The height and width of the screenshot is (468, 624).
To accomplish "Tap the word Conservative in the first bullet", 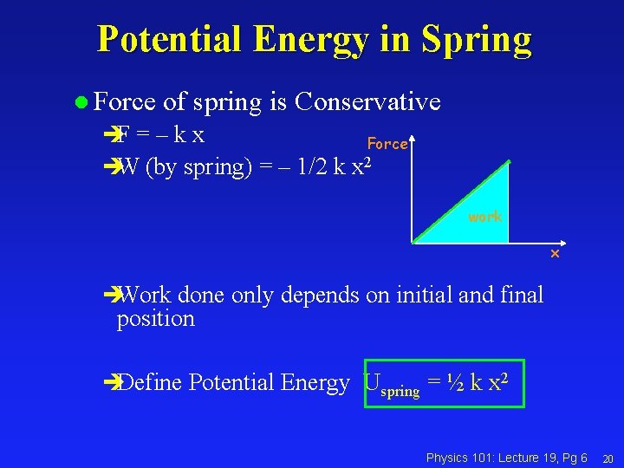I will click(367, 102).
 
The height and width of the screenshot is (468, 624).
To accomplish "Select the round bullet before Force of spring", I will click(81, 103).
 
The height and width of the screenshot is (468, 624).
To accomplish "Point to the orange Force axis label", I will click(387, 144).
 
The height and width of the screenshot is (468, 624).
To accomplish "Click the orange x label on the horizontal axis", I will click(555, 255).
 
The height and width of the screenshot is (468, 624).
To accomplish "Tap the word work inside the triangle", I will click(484, 217).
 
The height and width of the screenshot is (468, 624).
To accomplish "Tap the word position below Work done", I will click(156, 319).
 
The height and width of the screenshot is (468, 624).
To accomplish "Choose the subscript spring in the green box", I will click(400, 392).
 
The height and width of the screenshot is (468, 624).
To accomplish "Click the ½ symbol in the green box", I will click(455, 382).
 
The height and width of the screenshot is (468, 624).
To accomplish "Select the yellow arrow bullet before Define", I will click(109, 382).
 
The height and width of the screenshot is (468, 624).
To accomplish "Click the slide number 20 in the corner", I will click(608, 458).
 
